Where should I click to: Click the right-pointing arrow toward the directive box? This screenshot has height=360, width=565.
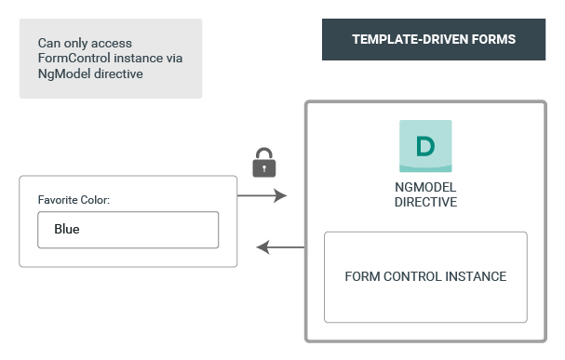pyautogui.click(x=262, y=196)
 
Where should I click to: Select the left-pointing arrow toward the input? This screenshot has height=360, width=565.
pyautogui.click(x=280, y=247)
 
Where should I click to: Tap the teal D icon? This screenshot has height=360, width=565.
pyautogui.click(x=425, y=146)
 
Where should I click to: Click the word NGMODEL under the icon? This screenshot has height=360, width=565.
pyautogui.click(x=425, y=186)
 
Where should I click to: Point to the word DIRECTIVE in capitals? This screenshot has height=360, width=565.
pyautogui.click(x=425, y=201)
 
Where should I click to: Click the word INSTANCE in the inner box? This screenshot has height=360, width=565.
pyautogui.click(x=476, y=277)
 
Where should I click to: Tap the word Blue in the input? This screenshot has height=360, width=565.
pyautogui.click(x=67, y=230)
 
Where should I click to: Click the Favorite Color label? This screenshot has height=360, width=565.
pyautogui.click(x=74, y=200)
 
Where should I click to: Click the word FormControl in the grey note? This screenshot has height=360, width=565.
pyautogui.click(x=72, y=59)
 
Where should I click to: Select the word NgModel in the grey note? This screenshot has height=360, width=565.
pyautogui.click(x=61, y=74)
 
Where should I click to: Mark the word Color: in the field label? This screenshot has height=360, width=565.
pyautogui.click(x=94, y=200)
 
